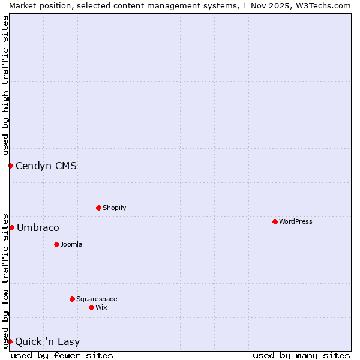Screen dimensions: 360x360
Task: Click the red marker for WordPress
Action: point(275,221)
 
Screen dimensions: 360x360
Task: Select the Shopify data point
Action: point(98,208)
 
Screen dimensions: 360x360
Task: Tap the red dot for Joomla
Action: point(56,244)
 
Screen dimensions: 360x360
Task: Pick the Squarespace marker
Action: point(72,299)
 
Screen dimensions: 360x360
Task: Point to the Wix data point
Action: point(91,307)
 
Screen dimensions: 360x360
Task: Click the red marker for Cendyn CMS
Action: point(10,166)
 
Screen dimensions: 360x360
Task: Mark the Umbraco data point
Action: point(11,227)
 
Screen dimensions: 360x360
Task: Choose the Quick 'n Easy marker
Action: point(10,341)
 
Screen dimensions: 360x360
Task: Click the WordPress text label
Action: point(295,221)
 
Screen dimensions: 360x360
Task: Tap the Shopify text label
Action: point(114,208)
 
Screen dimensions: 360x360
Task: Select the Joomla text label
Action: point(71,244)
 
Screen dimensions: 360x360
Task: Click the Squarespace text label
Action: point(97,299)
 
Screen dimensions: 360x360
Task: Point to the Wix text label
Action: point(101,307)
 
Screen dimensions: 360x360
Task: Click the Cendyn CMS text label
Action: point(46,166)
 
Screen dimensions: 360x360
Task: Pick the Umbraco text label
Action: point(38,227)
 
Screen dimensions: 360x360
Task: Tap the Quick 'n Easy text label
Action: point(47,341)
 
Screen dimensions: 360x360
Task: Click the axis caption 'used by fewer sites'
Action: point(62,355)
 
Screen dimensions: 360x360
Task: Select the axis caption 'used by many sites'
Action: point(301,355)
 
